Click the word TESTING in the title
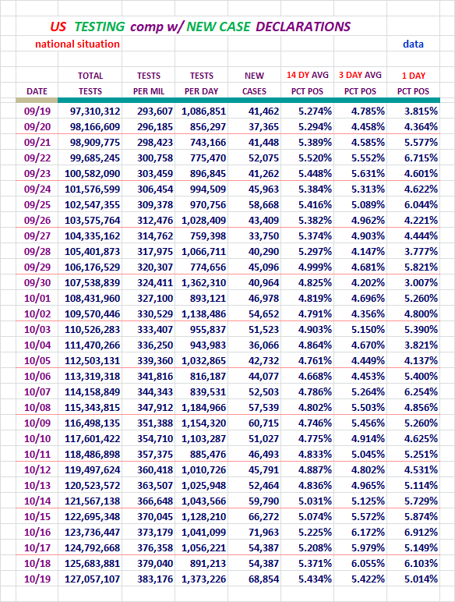(100, 27)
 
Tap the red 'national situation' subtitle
(77, 44)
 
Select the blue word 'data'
(413, 44)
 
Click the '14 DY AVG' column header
(307, 75)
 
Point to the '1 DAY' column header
(414, 76)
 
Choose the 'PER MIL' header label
(149, 91)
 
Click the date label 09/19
(37, 112)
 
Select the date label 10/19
(37, 579)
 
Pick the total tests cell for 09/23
(93, 174)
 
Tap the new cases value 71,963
(263, 532)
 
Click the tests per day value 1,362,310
(203, 282)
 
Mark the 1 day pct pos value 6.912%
(421, 532)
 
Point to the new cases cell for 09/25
(263, 204)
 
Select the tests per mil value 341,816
(155, 376)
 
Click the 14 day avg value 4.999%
(315, 267)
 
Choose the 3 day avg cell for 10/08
(368, 407)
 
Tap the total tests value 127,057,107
(93, 579)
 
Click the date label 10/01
(37, 299)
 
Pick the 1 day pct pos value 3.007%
(421, 282)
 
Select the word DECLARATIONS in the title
(303, 27)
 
